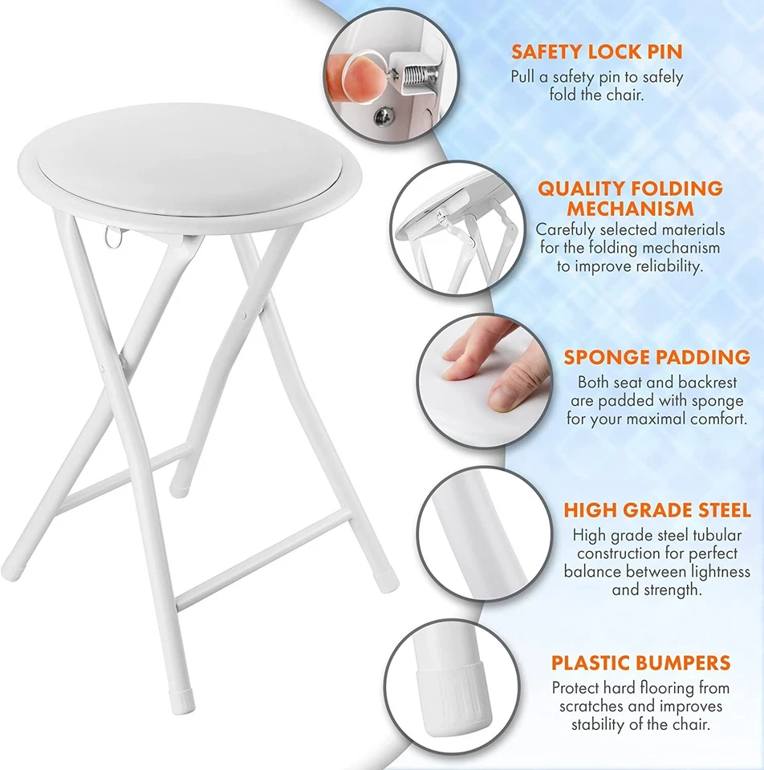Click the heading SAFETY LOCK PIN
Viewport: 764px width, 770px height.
[x=597, y=52]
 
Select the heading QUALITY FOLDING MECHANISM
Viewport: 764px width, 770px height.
[x=630, y=199]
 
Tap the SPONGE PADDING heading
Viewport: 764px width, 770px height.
[x=656, y=357]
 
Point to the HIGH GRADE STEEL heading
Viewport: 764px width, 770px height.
[x=656, y=510]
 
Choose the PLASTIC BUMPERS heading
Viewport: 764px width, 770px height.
[x=640, y=663]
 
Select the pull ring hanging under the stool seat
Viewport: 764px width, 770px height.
[x=115, y=237]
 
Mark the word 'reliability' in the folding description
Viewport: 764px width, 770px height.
[x=664, y=266]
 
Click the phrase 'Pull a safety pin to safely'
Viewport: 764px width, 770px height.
[x=597, y=77]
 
